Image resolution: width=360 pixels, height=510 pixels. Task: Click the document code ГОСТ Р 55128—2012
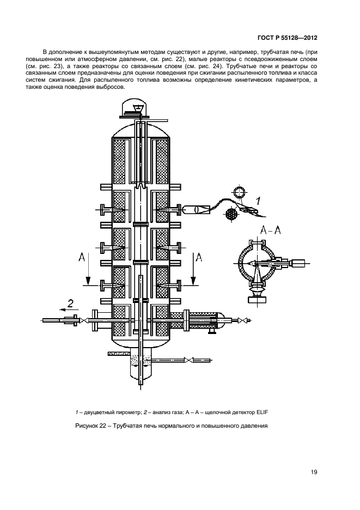point(287,39)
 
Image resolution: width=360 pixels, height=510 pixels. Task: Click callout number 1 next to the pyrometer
point(258,202)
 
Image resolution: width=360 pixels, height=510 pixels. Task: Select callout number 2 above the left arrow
point(70,303)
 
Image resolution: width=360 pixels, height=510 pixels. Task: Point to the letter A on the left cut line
point(81,258)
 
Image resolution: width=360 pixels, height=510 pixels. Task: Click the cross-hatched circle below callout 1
point(232,214)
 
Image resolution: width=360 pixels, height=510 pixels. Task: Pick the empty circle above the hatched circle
point(239,193)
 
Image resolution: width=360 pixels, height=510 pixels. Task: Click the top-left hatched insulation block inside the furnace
point(119,161)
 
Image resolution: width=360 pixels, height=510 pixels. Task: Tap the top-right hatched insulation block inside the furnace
point(162,161)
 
